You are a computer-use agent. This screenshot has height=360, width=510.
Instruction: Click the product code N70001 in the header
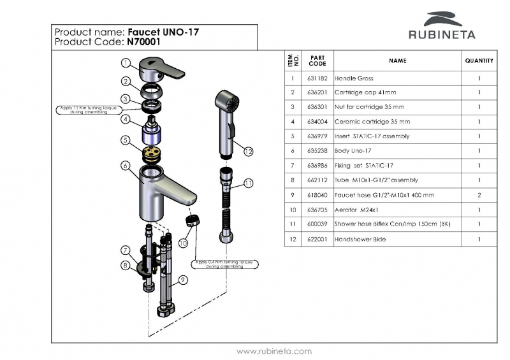click(x=140, y=43)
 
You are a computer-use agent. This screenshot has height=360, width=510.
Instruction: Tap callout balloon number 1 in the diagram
click(x=127, y=63)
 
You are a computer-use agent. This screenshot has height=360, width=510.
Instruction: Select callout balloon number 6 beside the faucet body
click(x=127, y=165)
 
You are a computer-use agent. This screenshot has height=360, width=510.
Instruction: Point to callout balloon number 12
click(x=249, y=152)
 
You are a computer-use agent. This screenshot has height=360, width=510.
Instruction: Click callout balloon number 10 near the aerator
click(x=184, y=243)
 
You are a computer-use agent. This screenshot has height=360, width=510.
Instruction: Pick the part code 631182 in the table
click(x=317, y=79)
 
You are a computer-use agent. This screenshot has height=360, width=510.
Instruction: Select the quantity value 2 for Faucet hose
click(x=479, y=196)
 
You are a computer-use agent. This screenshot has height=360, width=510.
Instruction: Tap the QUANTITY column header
click(x=479, y=61)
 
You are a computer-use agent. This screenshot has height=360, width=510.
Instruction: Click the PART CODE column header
click(x=317, y=61)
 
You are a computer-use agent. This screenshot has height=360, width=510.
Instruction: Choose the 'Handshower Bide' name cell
click(x=360, y=239)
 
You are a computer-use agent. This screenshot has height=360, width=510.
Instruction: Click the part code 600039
click(x=317, y=224)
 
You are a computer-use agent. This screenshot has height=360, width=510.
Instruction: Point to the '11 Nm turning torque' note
click(x=89, y=110)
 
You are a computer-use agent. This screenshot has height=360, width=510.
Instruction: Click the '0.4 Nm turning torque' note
click(x=225, y=264)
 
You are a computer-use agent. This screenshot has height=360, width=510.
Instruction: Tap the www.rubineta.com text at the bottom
click(x=274, y=351)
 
